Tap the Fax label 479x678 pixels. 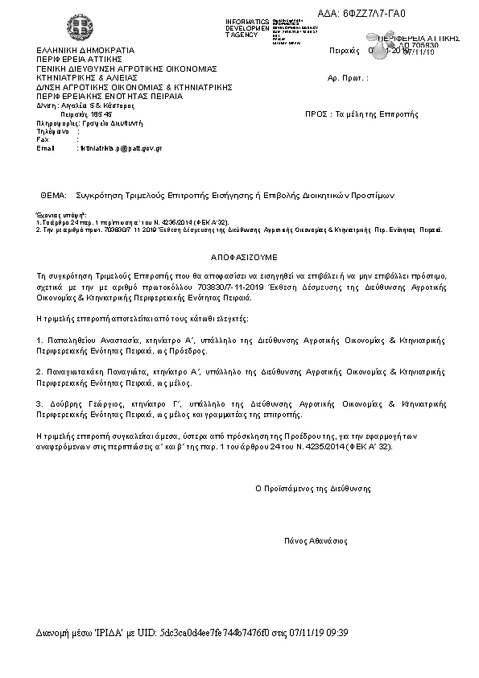click(43, 139)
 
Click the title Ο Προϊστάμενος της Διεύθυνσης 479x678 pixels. click(313, 488)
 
